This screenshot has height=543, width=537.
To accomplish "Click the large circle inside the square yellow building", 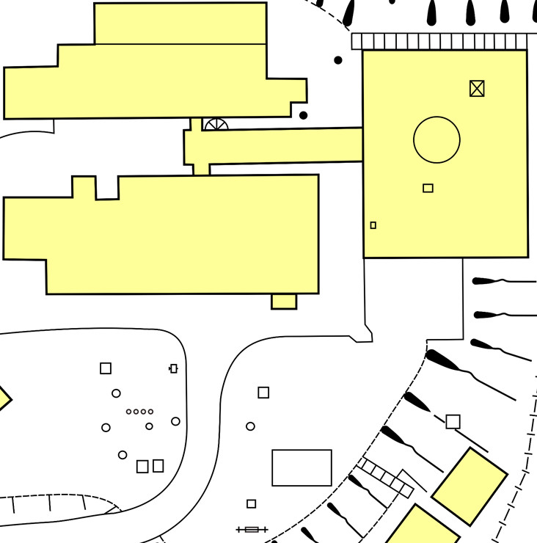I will (x=436, y=139).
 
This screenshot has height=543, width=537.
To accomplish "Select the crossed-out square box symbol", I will (x=477, y=89).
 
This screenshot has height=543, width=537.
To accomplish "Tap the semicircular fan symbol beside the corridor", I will (x=216, y=125).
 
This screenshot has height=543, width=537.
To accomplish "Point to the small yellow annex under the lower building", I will (x=284, y=302).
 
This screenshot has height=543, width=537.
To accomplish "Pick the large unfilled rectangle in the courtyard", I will (x=302, y=467).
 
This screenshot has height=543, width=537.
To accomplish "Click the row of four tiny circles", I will (x=139, y=412).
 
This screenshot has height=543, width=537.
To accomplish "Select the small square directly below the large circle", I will (x=428, y=189).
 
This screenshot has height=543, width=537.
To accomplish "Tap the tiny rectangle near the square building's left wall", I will (x=373, y=225).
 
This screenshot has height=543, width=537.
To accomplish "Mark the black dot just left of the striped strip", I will (x=338, y=60).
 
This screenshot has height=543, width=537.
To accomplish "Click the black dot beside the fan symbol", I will (x=303, y=115).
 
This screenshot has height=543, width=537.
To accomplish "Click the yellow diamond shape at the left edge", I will (x=3, y=399).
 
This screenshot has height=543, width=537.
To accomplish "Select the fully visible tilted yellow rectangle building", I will (x=470, y=486).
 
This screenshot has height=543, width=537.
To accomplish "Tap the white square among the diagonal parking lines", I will (x=453, y=422).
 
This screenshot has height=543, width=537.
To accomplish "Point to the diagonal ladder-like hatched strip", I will (x=386, y=477).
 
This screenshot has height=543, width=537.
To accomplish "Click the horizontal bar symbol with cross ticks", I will (x=252, y=529).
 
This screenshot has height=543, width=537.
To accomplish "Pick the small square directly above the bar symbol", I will (x=251, y=504).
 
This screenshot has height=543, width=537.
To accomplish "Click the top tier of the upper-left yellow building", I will (x=180, y=23).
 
